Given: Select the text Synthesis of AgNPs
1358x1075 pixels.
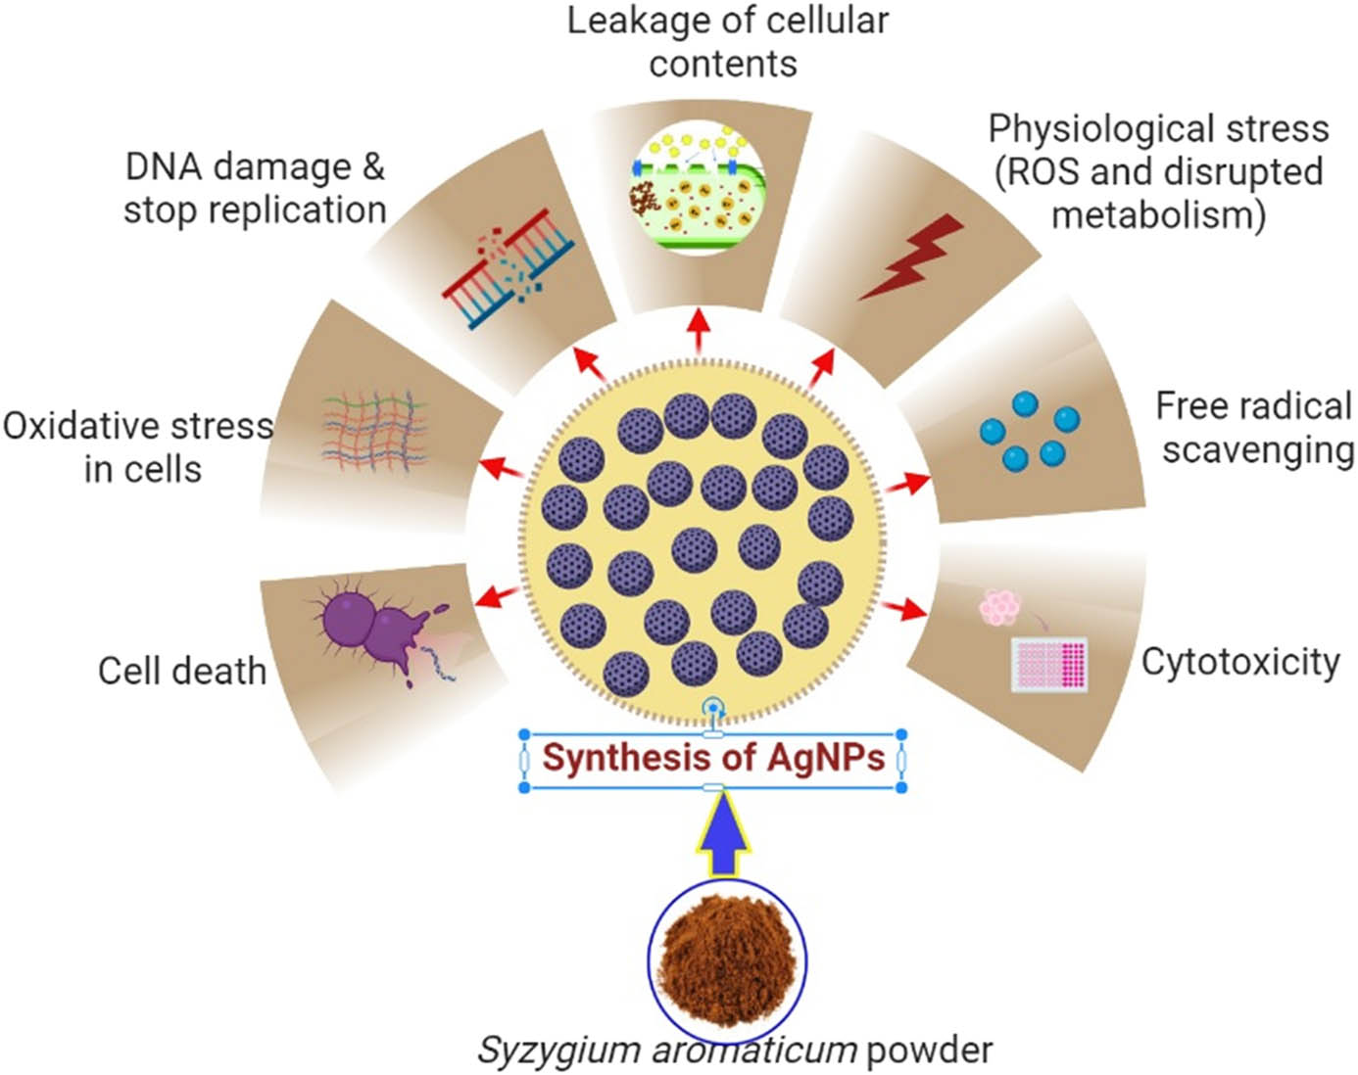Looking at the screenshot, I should [713, 758].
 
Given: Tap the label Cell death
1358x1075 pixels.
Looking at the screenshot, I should [182, 672].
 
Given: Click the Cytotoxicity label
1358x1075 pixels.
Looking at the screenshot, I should [1240, 662].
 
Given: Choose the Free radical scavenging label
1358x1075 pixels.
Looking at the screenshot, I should [1255, 428].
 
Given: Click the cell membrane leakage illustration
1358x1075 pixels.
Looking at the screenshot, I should [698, 186].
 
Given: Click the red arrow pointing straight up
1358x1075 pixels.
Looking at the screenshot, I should [699, 331].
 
